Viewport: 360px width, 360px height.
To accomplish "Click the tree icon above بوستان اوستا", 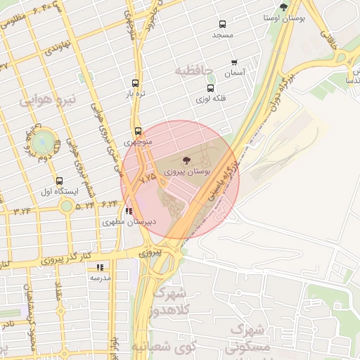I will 284,7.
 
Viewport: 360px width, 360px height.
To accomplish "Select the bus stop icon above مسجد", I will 223,24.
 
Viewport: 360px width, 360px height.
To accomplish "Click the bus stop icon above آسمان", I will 234,63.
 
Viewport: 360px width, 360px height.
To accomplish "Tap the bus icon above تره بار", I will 135,83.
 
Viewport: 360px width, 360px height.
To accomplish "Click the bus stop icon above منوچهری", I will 138,131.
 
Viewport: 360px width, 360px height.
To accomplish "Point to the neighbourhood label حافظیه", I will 193,70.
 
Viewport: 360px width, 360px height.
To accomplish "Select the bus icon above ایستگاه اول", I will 59,181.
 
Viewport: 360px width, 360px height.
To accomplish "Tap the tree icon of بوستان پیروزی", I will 186,161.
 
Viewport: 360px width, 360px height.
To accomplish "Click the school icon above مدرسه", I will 100,267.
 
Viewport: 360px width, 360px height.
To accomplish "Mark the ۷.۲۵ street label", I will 148,181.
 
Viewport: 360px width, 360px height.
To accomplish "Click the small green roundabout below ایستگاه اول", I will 67,206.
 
